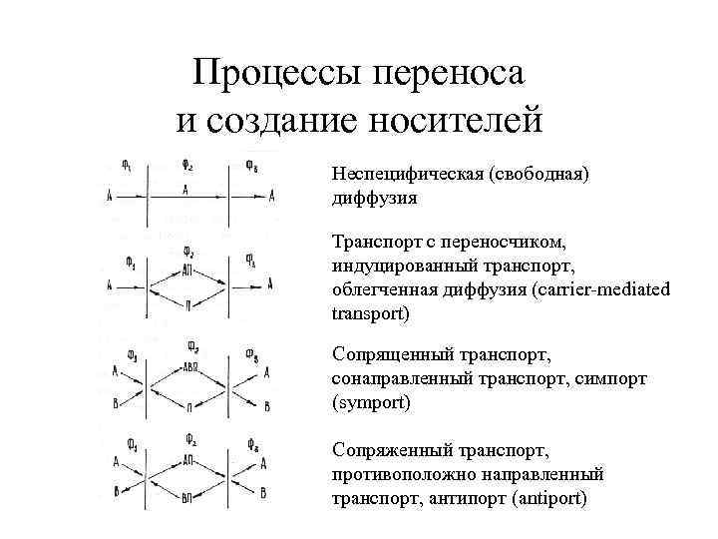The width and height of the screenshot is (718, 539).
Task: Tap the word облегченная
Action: click(380, 289)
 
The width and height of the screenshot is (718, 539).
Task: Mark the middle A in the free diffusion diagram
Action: click(187, 189)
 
